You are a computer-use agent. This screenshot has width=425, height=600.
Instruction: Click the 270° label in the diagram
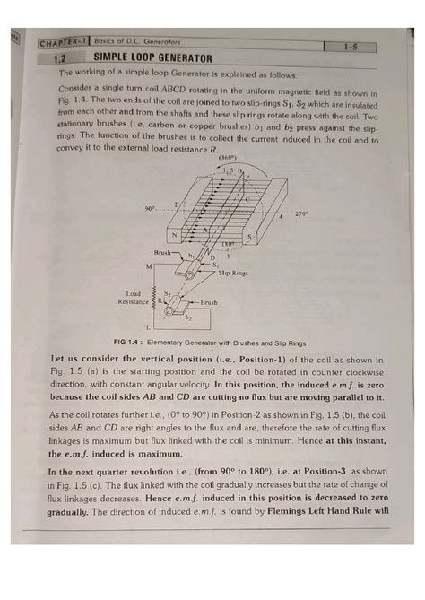coord(300,215)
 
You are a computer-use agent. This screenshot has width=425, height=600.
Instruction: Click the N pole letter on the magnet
coord(186,237)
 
